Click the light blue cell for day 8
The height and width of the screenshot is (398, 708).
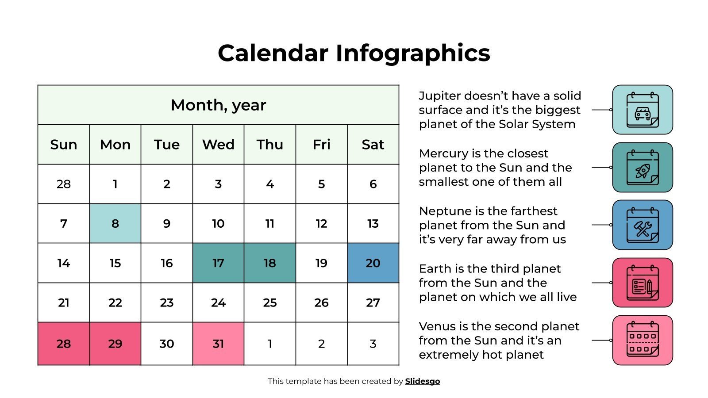(115, 223)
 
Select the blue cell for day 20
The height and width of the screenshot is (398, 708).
(373, 263)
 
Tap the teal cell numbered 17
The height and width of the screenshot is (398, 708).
(218, 263)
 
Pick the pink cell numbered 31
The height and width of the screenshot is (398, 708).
(218, 344)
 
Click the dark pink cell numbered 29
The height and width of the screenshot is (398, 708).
(115, 344)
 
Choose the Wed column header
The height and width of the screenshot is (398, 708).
(218, 145)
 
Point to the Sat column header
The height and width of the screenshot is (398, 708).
(373, 145)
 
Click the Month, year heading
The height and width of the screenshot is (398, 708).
(218, 105)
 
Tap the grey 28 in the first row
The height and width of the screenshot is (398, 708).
(64, 184)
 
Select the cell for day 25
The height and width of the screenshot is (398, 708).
(270, 302)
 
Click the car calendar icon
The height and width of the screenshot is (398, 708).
(643, 110)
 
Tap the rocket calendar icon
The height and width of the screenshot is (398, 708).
(643, 167)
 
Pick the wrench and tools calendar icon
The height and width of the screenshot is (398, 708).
(643, 225)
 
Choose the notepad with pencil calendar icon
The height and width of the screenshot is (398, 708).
(643, 283)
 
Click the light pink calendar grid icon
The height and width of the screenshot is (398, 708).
(643, 340)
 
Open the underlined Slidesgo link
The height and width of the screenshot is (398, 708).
(422, 381)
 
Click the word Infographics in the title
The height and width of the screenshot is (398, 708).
(412, 53)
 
